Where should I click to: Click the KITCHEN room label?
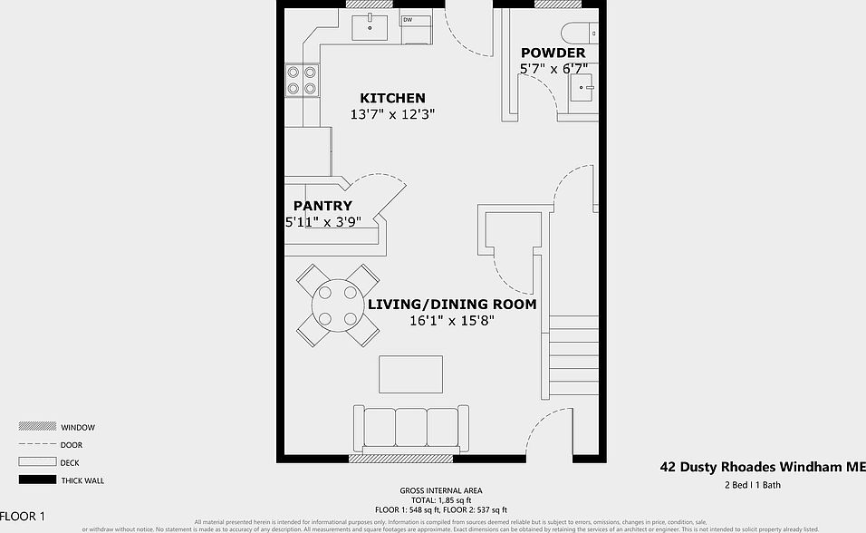(392, 98)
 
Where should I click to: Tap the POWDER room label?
(553, 53)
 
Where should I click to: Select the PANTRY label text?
(322, 207)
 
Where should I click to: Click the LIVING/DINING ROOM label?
(451, 305)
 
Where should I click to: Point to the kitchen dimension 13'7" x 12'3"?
(392, 115)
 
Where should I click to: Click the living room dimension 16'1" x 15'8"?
(451, 321)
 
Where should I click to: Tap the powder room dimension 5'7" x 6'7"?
(553, 69)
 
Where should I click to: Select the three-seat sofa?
(410, 430)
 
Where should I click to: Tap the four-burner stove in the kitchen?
(303, 81)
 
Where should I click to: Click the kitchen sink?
(369, 26)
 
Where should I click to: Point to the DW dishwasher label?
(408, 20)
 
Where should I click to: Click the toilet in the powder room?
(580, 34)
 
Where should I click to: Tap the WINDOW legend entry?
(78, 427)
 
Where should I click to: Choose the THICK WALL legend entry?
(82, 480)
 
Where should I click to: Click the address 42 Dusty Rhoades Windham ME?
(761, 468)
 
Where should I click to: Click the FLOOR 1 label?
(22, 517)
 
